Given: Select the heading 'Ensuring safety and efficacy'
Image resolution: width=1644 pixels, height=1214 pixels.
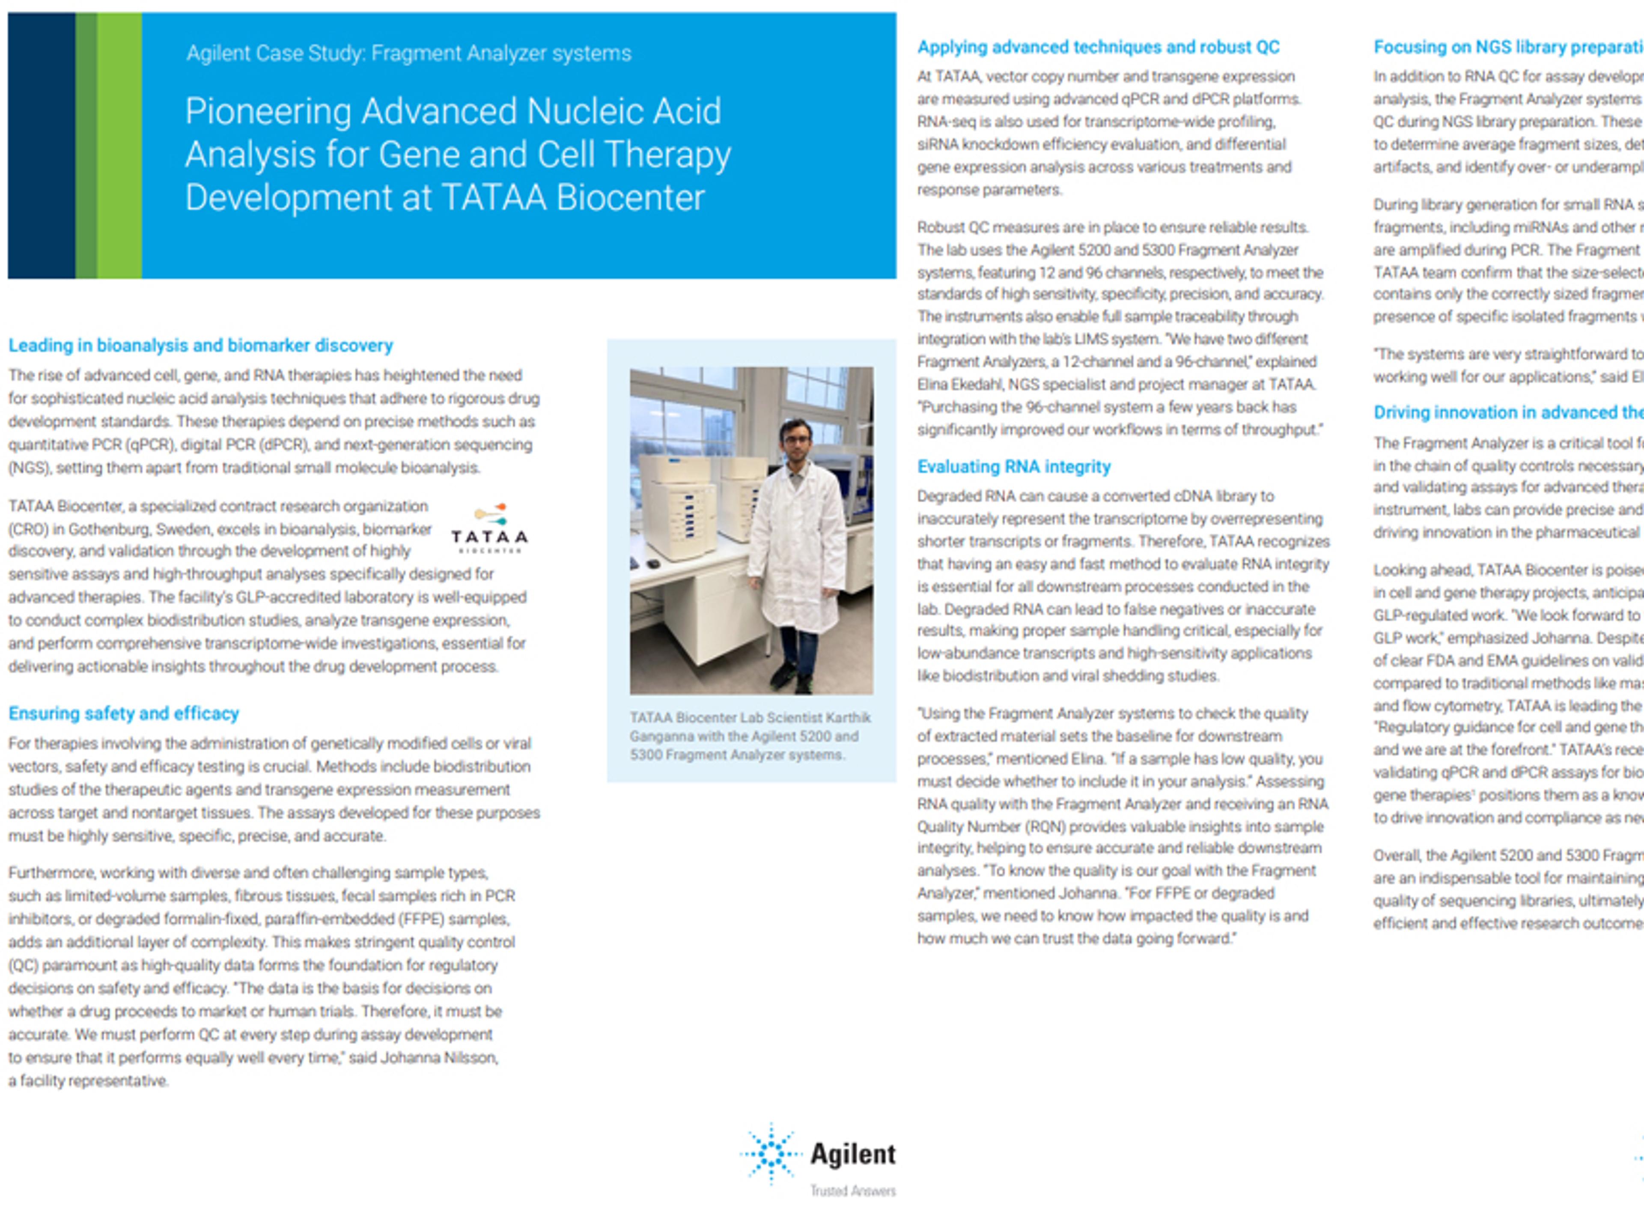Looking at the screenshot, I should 123,713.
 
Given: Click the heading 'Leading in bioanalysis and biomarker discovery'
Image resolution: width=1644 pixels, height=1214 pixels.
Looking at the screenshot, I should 200,346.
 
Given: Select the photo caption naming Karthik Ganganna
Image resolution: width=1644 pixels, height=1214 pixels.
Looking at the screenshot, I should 749,736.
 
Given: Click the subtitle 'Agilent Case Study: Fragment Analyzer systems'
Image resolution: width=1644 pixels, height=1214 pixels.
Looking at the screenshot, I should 408,53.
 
